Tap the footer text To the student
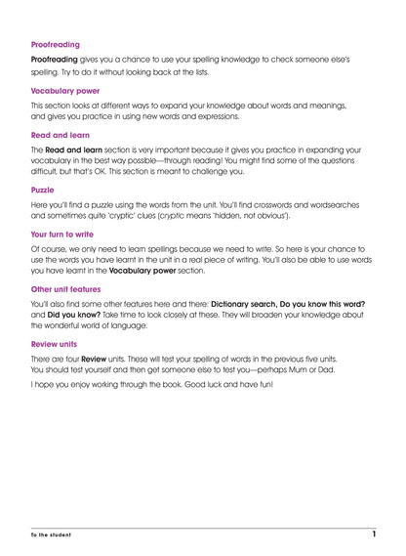(50, 536)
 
